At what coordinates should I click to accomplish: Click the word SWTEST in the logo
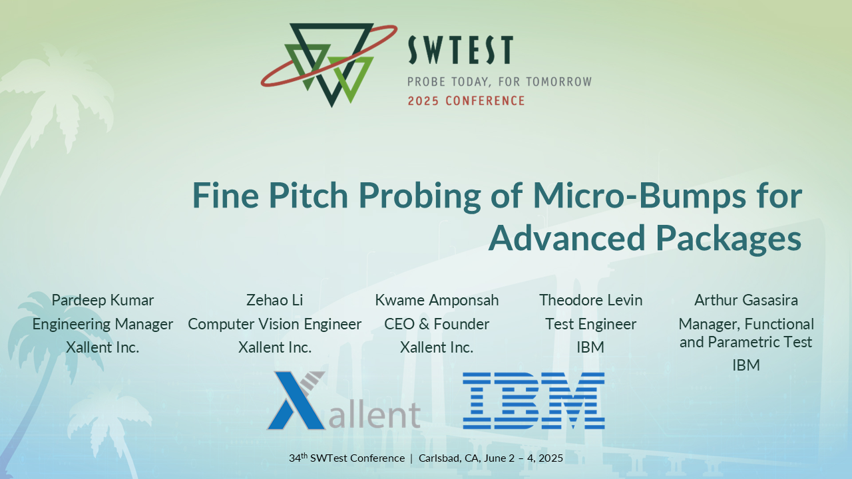click(x=460, y=50)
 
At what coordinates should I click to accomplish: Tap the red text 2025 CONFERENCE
click(x=466, y=101)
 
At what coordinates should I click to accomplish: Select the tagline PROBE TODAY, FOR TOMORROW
click(x=499, y=82)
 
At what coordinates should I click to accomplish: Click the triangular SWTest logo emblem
click(x=329, y=63)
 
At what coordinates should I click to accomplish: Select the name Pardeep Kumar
click(x=103, y=300)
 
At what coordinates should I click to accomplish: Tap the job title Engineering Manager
click(x=103, y=324)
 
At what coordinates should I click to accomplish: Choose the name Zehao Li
click(x=274, y=300)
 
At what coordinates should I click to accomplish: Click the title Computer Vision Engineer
click(x=274, y=324)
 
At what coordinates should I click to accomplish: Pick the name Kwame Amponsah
click(x=437, y=300)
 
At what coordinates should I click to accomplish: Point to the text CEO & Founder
click(x=437, y=324)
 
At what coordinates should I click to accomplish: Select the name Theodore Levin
click(x=591, y=300)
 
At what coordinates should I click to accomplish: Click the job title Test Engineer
click(x=591, y=324)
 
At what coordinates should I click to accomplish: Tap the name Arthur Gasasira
click(x=746, y=300)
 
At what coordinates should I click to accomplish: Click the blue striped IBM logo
click(x=534, y=400)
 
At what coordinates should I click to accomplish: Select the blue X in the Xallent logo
click(x=296, y=400)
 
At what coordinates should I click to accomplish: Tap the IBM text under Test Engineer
click(x=591, y=347)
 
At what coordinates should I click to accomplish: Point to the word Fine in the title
click(x=222, y=196)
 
